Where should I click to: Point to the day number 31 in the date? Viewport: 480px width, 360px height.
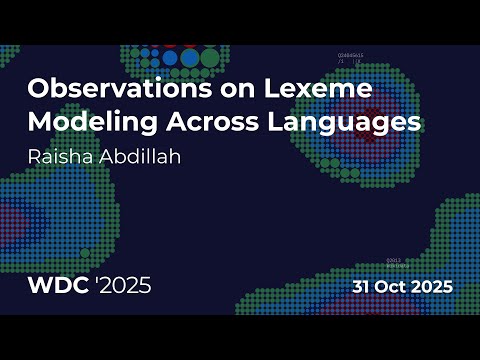click(364, 286)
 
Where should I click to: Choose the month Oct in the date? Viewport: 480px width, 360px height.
click(397, 286)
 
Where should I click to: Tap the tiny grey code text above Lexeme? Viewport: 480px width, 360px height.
click(351, 59)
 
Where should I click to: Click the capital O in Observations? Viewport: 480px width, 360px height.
click(39, 89)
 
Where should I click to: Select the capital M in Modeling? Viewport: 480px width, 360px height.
click(39, 123)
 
